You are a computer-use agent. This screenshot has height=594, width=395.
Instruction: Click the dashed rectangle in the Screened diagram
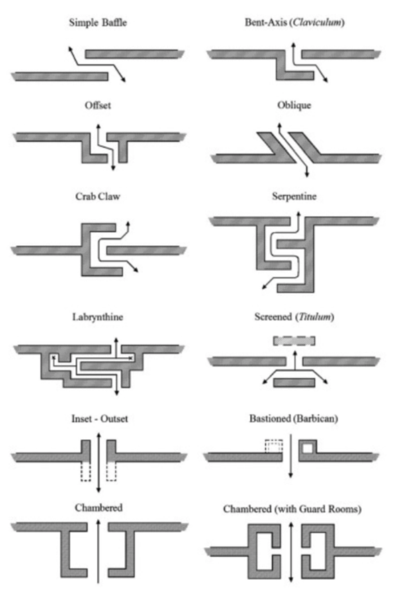[x=294, y=341]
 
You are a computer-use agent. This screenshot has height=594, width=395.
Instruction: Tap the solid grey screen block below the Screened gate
[x=294, y=382]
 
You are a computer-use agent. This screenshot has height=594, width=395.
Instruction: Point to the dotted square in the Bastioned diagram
[x=273, y=448]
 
